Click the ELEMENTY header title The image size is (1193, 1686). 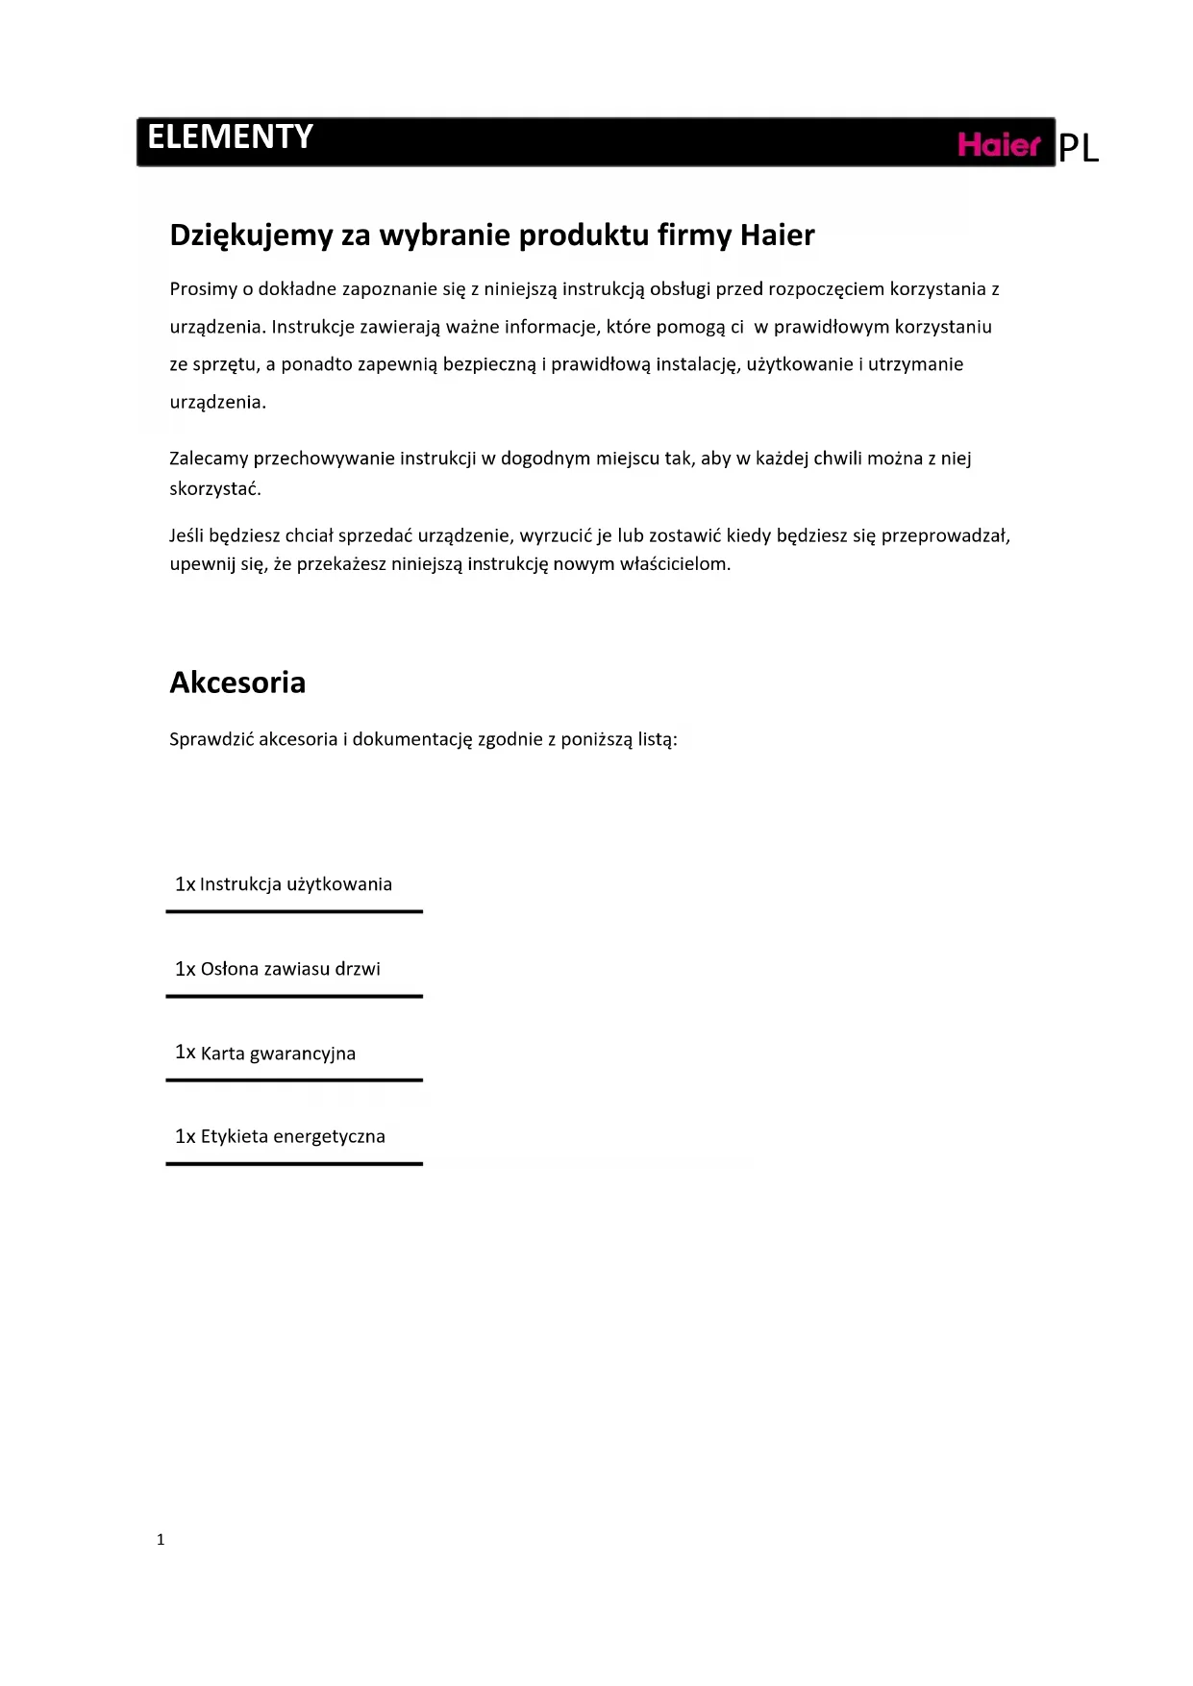tap(230, 137)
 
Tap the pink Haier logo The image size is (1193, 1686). tap(999, 145)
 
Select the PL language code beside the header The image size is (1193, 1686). tap(1078, 149)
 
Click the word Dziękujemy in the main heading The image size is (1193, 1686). tap(251, 236)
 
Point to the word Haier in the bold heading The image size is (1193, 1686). tap(777, 235)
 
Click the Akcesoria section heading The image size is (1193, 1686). tap(237, 682)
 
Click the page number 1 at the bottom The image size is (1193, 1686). tap(161, 1539)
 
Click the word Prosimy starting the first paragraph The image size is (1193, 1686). tap(203, 289)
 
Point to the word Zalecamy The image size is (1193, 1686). tap(209, 459)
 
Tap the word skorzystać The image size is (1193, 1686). tap(215, 488)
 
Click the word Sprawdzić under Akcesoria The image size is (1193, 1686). tap(211, 739)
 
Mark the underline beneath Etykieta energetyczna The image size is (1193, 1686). tap(294, 1164)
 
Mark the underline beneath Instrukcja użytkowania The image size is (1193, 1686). tap(294, 911)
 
